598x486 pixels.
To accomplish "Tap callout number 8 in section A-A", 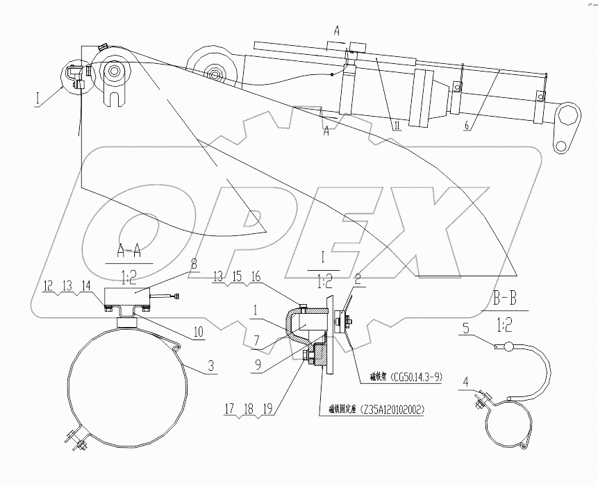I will (x=194, y=264).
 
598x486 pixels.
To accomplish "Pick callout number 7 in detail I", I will (x=258, y=340).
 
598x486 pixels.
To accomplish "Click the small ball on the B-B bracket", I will (x=508, y=347).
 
